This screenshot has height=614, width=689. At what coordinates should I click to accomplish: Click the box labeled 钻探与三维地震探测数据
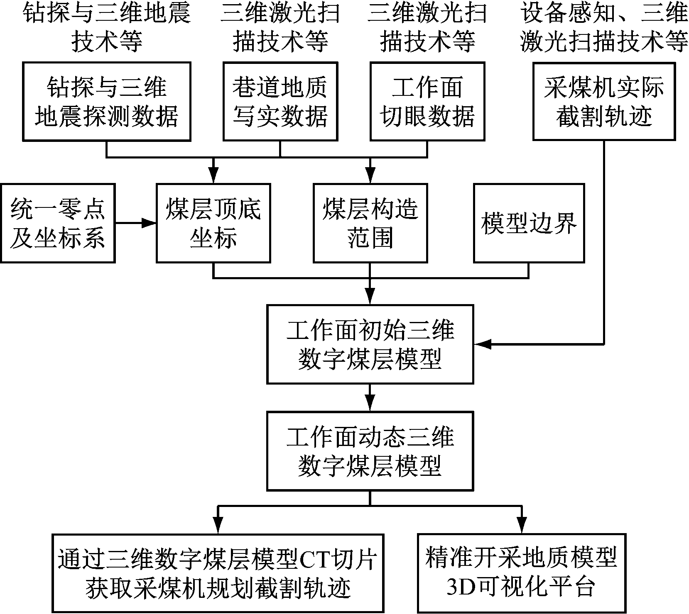[107, 102]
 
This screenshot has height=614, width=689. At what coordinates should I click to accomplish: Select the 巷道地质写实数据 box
[280, 102]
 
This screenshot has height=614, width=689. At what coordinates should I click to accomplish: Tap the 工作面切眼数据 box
[427, 102]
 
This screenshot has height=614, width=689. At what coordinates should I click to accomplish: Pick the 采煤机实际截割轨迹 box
[604, 102]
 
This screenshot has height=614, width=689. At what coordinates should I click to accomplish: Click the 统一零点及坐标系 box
[58, 223]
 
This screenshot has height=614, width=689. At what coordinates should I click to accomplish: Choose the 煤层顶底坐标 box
[213, 223]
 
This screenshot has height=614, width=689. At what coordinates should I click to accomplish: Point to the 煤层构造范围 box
[370, 223]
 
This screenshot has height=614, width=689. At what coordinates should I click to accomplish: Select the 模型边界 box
[529, 223]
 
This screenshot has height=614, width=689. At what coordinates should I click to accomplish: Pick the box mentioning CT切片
[217, 573]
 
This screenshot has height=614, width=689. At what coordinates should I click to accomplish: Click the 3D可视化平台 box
[521, 573]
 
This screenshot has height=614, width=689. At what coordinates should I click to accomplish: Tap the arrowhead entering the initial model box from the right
[481, 344]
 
